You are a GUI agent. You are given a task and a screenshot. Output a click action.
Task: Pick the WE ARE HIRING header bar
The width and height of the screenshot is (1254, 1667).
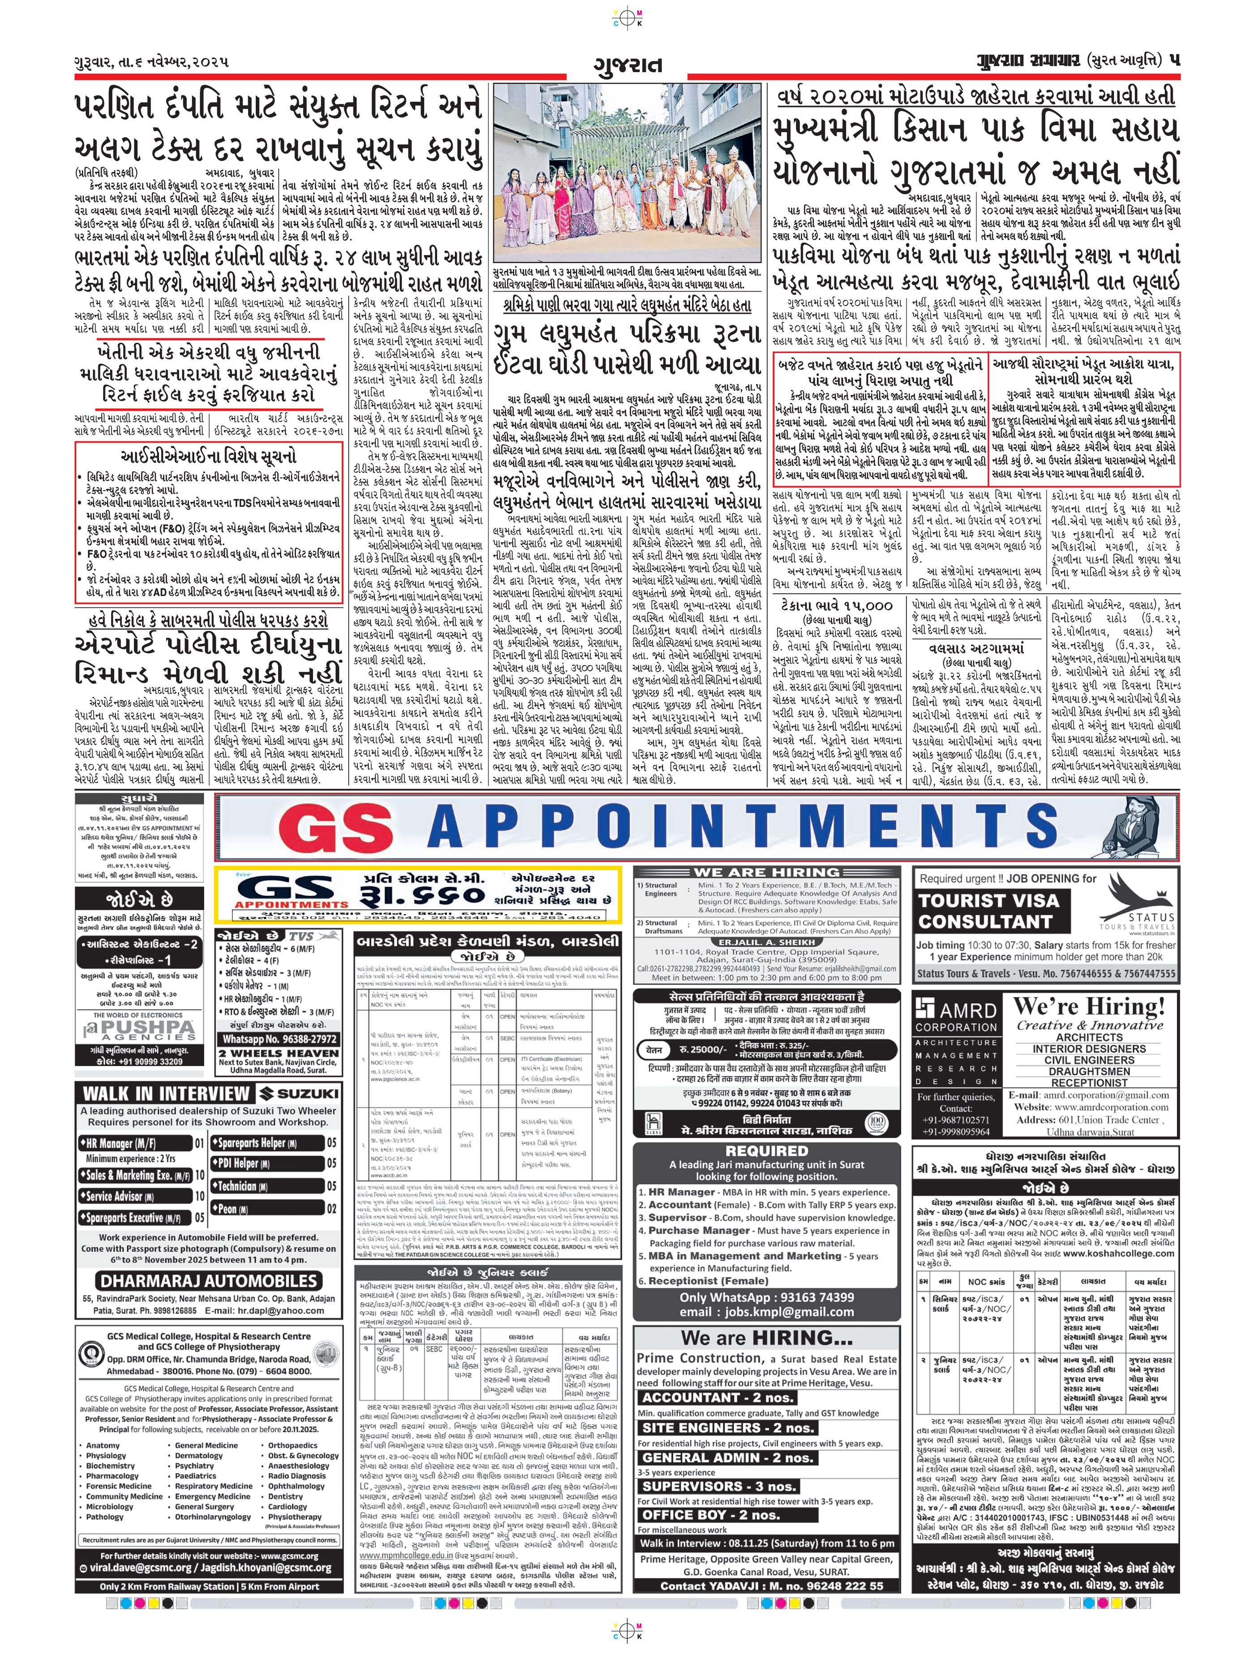coord(767,872)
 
